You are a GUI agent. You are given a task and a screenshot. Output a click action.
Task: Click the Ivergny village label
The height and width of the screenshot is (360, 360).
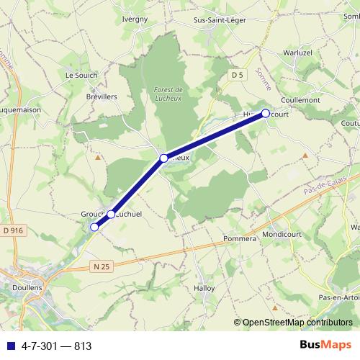[135, 19]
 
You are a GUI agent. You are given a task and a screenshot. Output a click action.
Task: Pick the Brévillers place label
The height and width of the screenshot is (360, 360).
[102, 95]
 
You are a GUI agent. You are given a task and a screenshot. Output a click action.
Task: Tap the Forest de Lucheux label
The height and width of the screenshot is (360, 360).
[170, 94]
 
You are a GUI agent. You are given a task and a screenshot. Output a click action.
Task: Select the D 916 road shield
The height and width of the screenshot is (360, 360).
[14, 230]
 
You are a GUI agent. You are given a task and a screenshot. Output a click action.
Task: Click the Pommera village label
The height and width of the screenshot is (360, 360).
[240, 238]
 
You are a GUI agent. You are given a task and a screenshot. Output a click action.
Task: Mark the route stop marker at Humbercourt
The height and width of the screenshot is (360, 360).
[265, 113]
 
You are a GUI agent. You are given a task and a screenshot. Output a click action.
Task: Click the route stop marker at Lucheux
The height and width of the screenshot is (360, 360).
[164, 158]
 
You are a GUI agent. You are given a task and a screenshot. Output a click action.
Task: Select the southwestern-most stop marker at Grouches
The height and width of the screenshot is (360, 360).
[94, 227]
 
